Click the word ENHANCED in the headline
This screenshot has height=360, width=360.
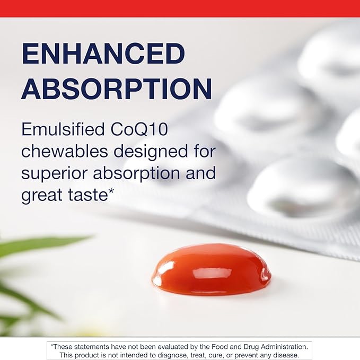[103, 54]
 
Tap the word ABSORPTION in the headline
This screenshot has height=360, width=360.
[117, 89]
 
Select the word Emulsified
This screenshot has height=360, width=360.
[63, 129]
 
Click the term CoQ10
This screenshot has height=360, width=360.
[139, 129]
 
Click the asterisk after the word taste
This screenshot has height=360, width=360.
[111, 191]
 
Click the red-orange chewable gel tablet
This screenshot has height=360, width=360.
[211, 269]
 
